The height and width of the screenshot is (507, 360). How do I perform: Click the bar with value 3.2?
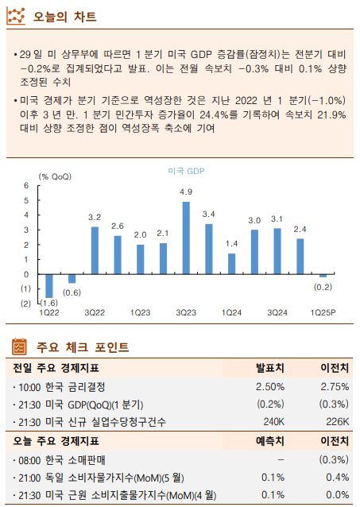(95, 250)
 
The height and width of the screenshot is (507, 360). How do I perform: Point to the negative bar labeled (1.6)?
(49, 285)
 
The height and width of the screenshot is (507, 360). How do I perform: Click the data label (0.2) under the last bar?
(323, 287)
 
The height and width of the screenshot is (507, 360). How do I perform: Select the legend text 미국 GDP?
(186, 171)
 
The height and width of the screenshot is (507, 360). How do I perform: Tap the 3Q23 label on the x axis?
(186, 313)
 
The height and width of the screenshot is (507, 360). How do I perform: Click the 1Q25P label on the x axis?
(323, 313)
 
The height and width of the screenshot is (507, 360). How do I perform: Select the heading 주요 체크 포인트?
(83, 347)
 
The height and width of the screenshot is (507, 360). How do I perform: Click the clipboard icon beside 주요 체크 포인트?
(20, 346)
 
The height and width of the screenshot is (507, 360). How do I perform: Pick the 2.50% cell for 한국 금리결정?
(270, 386)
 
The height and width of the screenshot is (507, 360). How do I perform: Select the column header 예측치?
(270, 440)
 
